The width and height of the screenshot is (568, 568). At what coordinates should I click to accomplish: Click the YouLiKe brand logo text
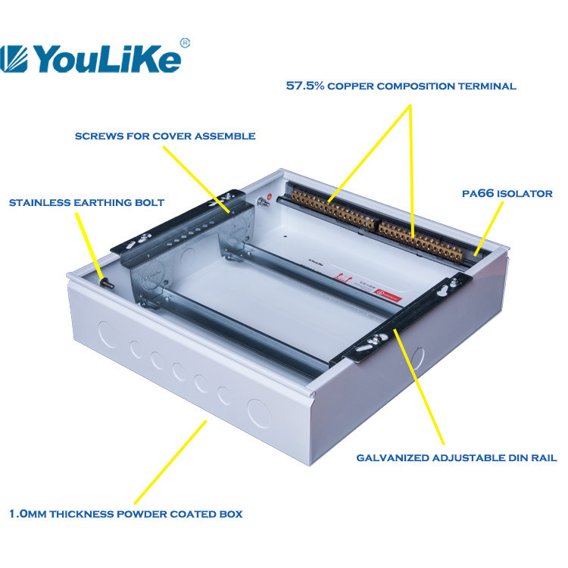[108, 58]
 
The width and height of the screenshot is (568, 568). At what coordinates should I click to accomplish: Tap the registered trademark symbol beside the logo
[185, 42]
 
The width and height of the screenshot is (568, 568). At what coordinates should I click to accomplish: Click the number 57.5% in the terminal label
[305, 86]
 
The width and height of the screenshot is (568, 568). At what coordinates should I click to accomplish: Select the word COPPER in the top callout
[351, 86]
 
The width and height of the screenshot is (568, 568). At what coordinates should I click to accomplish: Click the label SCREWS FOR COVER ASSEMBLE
[165, 136]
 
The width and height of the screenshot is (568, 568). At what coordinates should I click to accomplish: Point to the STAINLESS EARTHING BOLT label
[86, 202]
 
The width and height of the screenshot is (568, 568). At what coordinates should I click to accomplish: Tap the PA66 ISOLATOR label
[507, 193]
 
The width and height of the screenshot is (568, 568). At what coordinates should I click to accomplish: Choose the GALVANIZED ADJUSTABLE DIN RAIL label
[457, 458]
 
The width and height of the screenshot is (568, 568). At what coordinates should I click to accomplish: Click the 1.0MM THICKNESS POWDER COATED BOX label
[126, 514]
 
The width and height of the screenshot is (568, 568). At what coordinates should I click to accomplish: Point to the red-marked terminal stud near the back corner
[265, 201]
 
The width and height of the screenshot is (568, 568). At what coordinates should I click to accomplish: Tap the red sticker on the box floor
[389, 294]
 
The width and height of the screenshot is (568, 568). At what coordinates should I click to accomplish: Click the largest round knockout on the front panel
[259, 414]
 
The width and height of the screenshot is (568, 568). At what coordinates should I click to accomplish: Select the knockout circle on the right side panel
[417, 358]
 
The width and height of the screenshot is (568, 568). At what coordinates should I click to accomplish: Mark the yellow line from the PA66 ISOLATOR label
[488, 229]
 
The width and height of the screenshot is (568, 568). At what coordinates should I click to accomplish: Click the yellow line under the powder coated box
[170, 462]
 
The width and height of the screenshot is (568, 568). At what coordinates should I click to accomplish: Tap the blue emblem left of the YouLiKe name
[14, 58]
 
